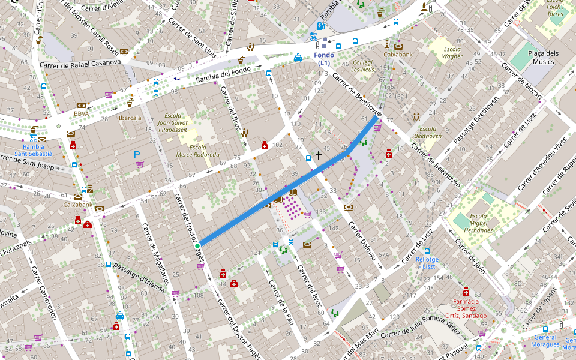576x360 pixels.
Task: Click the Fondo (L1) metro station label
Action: (x=324, y=59)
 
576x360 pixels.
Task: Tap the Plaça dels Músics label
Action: (x=544, y=58)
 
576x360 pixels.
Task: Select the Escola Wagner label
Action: (x=452, y=53)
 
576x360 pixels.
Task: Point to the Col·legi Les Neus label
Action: (x=363, y=65)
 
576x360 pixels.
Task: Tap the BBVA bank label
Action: (x=82, y=113)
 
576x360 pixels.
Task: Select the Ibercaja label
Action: (x=130, y=118)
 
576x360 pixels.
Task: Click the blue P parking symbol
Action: (x=137, y=155)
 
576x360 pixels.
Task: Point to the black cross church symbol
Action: (x=319, y=156)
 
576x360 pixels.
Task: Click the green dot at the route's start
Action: (x=197, y=245)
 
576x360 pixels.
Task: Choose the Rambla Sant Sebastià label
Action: (x=34, y=150)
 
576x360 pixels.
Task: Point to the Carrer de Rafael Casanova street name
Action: (x=80, y=64)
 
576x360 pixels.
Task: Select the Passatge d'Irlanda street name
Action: (x=139, y=275)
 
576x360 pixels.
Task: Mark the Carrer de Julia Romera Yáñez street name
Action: (x=422, y=328)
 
